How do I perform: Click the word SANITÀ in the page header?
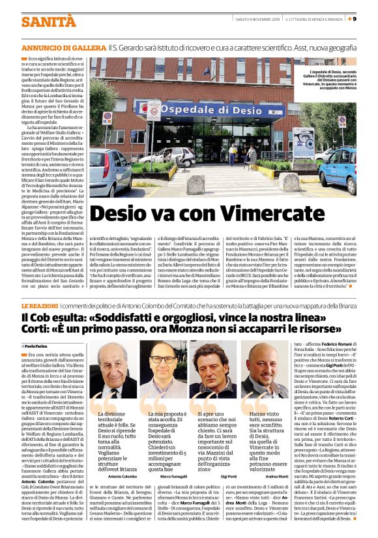coord(44,22)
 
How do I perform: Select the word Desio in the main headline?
coord(114,214)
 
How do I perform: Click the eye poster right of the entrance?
coord(267,143)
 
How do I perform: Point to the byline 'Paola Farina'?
coord(39,346)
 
